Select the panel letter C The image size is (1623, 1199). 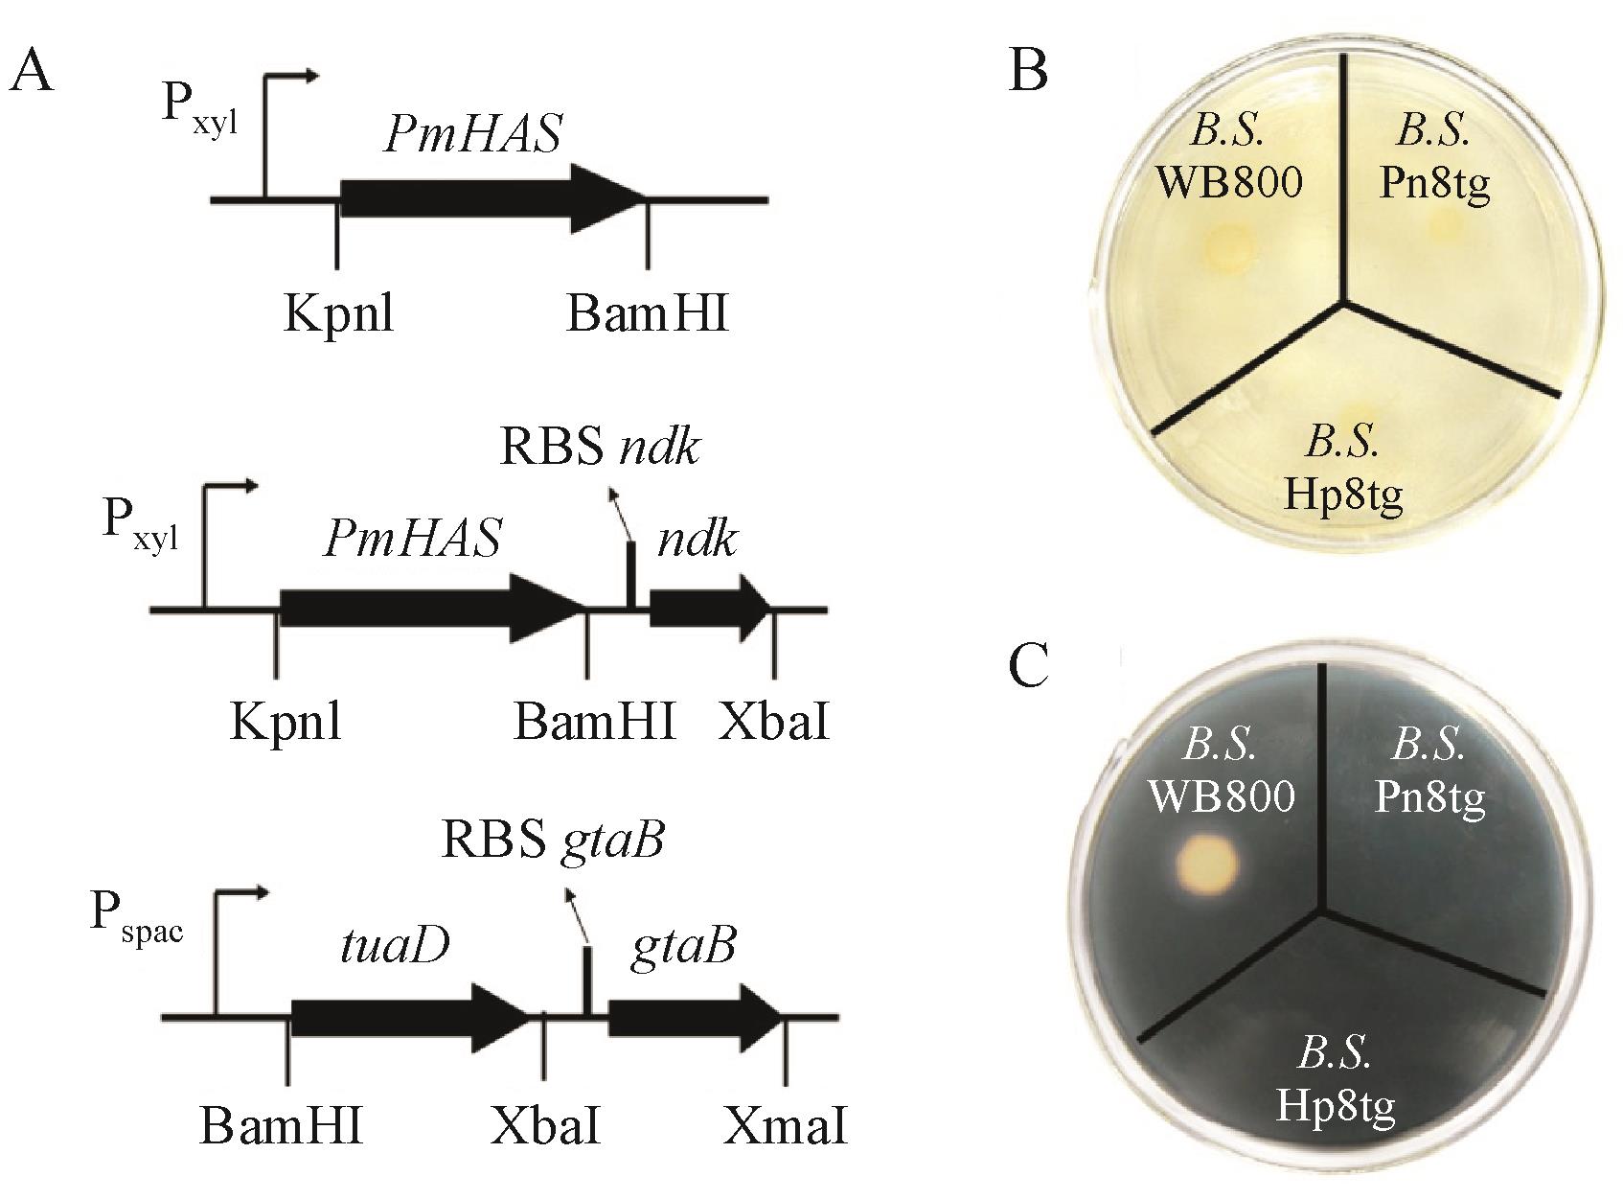pyautogui.click(x=1029, y=666)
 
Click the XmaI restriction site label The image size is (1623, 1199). pyautogui.click(x=786, y=1127)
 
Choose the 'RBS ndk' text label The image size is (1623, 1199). pyautogui.click(x=600, y=448)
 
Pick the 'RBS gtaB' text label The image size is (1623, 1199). pyautogui.click(x=553, y=840)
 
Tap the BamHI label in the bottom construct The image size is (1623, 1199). pyautogui.click(x=282, y=1127)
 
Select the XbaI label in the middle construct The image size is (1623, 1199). pyautogui.click(x=774, y=722)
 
